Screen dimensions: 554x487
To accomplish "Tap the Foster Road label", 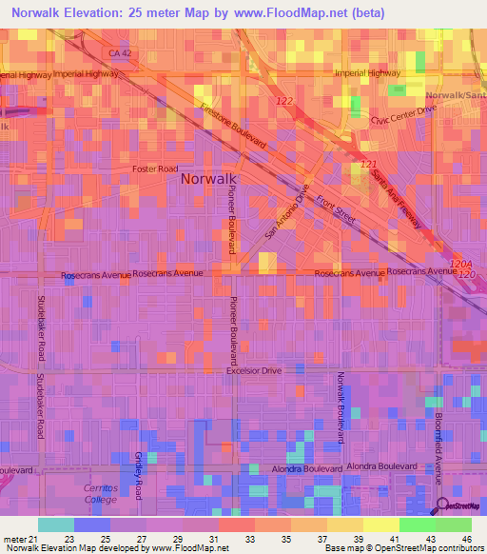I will [155, 168].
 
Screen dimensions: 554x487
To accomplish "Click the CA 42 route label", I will [119, 54].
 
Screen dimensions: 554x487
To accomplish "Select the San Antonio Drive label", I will [287, 210].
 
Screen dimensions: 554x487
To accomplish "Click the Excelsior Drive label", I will [254, 370].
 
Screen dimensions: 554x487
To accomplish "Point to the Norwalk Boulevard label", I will [339, 407].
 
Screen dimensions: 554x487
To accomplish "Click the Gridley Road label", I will [138, 476].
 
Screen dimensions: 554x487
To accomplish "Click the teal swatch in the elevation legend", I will [56, 524].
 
